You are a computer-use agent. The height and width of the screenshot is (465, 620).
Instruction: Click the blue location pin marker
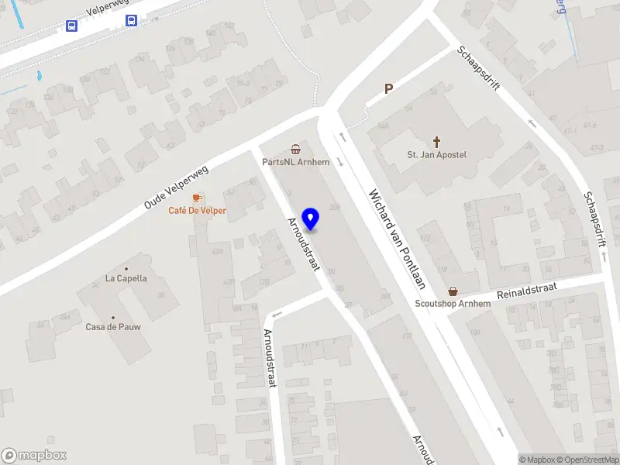coord(310,219)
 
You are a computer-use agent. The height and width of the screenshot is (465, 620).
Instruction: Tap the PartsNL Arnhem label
coord(296,162)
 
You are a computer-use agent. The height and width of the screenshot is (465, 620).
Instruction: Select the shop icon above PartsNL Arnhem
coord(295,149)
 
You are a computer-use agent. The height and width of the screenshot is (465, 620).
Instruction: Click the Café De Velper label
coord(198,211)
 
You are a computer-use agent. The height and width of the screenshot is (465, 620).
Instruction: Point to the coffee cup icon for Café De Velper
coord(197,198)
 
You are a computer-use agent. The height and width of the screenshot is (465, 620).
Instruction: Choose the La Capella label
coord(126,278)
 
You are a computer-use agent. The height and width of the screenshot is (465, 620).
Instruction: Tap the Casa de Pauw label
coord(113,327)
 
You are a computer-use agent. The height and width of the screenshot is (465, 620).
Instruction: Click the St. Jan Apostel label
coord(437,155)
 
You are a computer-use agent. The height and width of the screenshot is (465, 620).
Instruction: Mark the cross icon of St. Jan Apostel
coord(437,142)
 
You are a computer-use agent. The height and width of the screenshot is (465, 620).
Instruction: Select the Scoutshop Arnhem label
coord(453,304)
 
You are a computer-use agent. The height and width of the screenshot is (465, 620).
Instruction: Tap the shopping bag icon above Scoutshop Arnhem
coord(453,291)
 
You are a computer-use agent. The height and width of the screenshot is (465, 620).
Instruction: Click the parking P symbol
coord(389,89)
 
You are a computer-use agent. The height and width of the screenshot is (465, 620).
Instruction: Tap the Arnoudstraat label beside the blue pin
coord(304,243)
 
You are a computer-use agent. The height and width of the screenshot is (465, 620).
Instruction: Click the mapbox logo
coord(34,456)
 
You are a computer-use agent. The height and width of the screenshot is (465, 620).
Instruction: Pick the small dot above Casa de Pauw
coord(113,317)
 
